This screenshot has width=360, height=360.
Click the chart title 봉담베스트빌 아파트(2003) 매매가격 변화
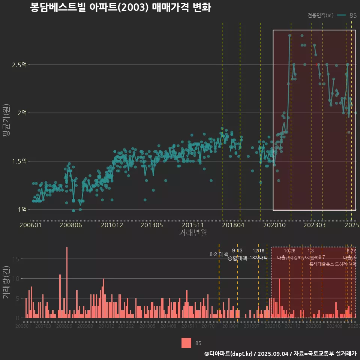120,8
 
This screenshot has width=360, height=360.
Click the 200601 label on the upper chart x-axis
30,225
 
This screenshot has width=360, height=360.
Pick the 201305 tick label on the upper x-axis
151,225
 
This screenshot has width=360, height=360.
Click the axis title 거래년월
193,233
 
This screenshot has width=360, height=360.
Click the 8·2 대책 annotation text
219,254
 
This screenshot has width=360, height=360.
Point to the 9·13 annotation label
237,251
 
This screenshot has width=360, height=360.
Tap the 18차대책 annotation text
258,258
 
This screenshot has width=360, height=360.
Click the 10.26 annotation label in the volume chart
289,251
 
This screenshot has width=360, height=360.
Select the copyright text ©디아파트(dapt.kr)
228,354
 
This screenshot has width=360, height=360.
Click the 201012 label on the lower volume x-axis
106,326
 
